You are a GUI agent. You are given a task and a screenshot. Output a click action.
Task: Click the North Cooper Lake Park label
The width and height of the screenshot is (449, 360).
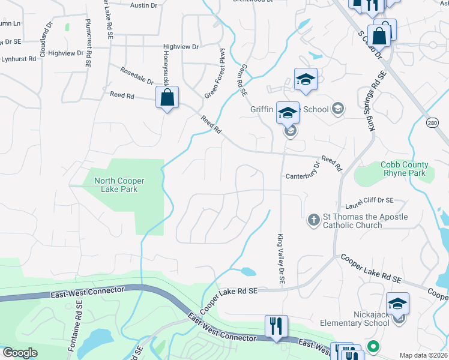point(119,185)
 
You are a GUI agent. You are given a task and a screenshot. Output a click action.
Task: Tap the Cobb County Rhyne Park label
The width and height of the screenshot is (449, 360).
point(405,169)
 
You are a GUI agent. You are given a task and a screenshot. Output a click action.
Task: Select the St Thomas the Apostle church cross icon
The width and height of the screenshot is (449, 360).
point(313,220)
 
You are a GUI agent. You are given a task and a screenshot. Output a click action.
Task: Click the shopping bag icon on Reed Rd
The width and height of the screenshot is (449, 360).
point(167,98)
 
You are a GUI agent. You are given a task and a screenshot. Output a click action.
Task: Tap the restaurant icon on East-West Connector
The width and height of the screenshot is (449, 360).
point(276,326)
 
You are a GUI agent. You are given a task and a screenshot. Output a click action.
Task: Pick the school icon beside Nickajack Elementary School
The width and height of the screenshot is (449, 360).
point(397,304)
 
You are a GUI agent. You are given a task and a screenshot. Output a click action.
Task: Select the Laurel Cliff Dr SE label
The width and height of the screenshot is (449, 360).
point(373,200)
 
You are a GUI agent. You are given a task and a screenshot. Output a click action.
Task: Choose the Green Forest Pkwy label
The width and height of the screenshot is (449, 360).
point(214,74)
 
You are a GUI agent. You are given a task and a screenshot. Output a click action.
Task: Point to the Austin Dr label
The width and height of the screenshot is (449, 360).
point(143,5)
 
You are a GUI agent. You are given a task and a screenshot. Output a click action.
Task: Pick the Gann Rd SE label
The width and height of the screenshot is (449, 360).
point(244,80)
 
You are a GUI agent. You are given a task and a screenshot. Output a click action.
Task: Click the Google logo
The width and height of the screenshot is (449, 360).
point(20,353)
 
